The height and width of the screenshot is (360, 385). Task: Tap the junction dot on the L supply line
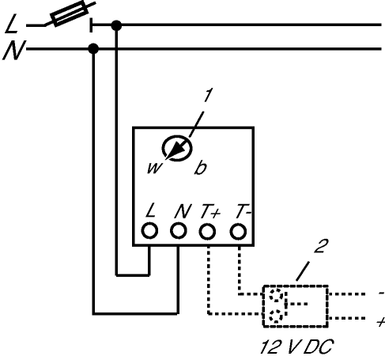(x=116, y=25)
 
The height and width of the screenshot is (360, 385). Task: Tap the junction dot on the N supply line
(x=93, y=49)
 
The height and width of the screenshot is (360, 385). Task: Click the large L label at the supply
(x=12, y=25)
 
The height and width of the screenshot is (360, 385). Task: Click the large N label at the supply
(x=14, y=50)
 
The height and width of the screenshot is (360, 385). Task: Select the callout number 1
(x=208, y=95)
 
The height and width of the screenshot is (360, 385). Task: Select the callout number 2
(x=322, y=246)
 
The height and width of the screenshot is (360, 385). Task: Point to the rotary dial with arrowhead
(x=177, y=148)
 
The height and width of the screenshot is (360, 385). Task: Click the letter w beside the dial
(x=154, y=168)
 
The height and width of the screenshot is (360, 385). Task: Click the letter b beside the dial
(x=200, y=167)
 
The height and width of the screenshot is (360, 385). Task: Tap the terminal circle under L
(x=149, y=231)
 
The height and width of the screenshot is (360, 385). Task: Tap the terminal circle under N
(x=179, y=231)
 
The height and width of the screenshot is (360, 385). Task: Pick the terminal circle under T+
(x=207, y=231)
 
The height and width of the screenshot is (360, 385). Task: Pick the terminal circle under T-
(x=238, y=231)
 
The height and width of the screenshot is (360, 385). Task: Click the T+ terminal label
(x=210, y=211)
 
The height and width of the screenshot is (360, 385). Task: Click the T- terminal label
(x=243, y=211)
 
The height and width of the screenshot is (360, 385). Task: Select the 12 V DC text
(x=296, y=347)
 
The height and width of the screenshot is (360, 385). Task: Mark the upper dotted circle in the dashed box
(x=276, y=295)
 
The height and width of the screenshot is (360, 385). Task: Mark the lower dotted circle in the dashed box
(x=276, y=316)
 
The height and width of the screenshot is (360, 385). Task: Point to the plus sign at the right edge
(x=381, y=322)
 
